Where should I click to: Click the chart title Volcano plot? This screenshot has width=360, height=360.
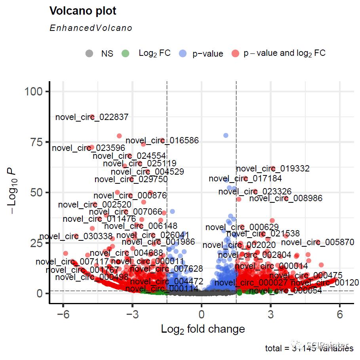[83, 11]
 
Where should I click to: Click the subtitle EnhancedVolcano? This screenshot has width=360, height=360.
[91, 28]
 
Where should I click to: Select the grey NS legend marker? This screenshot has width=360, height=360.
[90, 53]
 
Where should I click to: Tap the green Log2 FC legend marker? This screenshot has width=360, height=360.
[126, 53]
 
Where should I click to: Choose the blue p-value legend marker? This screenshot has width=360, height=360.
[183, 53]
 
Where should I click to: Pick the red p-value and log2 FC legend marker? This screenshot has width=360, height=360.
[235, 53]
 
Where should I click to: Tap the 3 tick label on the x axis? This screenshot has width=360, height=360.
[270, 314]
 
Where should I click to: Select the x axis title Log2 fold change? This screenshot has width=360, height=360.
[203, 329]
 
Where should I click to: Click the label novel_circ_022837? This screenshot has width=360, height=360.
[92, 117]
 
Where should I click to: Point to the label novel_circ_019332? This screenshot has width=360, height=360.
[273, 169]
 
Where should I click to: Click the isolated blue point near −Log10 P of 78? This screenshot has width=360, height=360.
[226, 135]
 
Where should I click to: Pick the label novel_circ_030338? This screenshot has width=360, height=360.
[76, 236]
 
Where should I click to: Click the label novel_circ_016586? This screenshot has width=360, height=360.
[162, 141]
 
